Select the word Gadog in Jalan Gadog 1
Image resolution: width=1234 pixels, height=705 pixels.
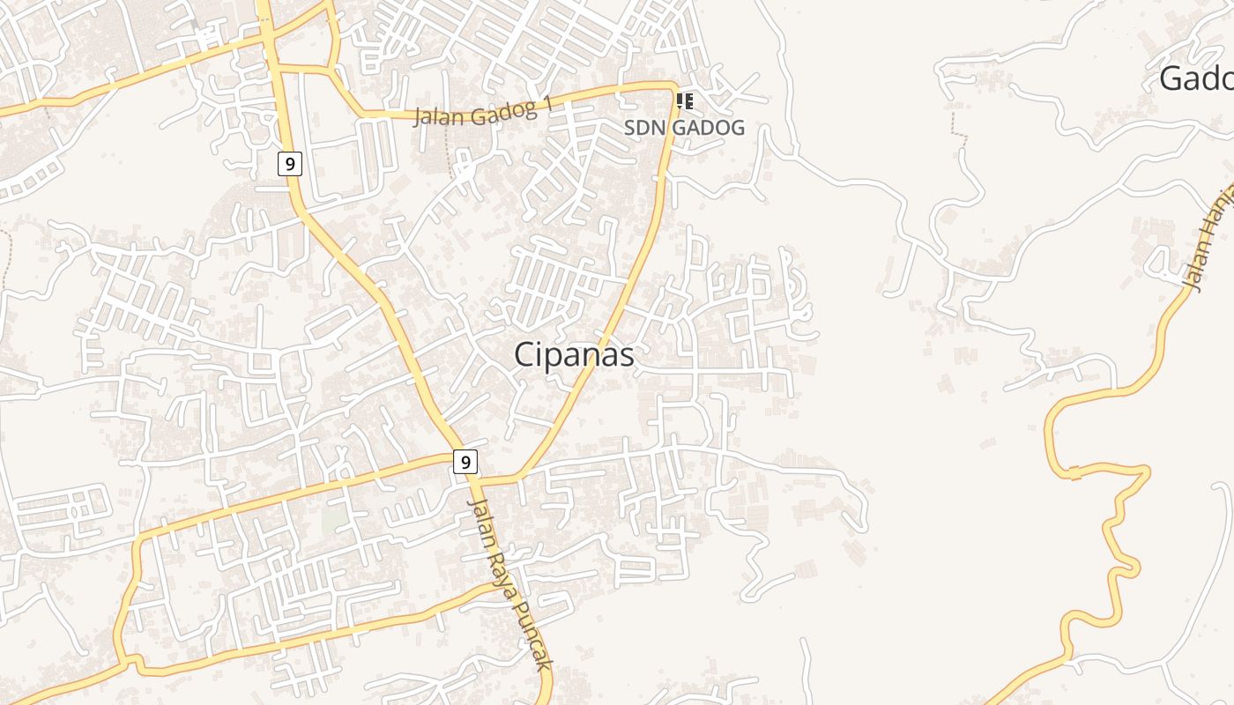pyautogui.click(x=502, y=111)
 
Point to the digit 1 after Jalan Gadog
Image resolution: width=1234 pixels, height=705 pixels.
pyautogui.click(x=547, y=105)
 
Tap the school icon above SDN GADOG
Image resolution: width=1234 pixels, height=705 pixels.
pyautogui.click(x=685, y=101)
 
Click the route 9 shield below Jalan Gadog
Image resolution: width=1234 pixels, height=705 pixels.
pyautogui.click(x=289, y=163)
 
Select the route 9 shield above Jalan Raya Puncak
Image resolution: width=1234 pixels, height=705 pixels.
pyautogui.click(x=465, y=461)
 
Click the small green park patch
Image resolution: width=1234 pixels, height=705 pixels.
pyautogui.click(x=334, y=520)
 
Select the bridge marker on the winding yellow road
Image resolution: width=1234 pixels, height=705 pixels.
pyautogui.click(x=1075, y=476)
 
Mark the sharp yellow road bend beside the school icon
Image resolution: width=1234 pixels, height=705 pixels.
pyautogui.click(x=673, y=87)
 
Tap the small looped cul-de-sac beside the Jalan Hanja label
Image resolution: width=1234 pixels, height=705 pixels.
pyautogui.click(x=1156, y=262)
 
